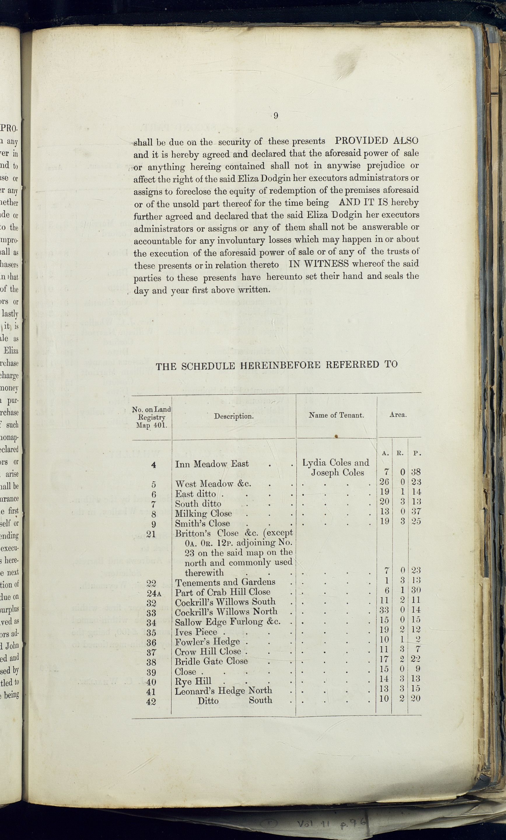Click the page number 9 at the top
276,116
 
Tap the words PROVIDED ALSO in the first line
377,141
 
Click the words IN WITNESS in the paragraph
318,264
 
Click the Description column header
234,416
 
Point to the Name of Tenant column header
336,415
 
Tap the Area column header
398,415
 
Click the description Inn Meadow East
212,464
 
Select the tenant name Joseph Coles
337,473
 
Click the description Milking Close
203,513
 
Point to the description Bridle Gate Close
211,661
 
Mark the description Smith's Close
202,523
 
